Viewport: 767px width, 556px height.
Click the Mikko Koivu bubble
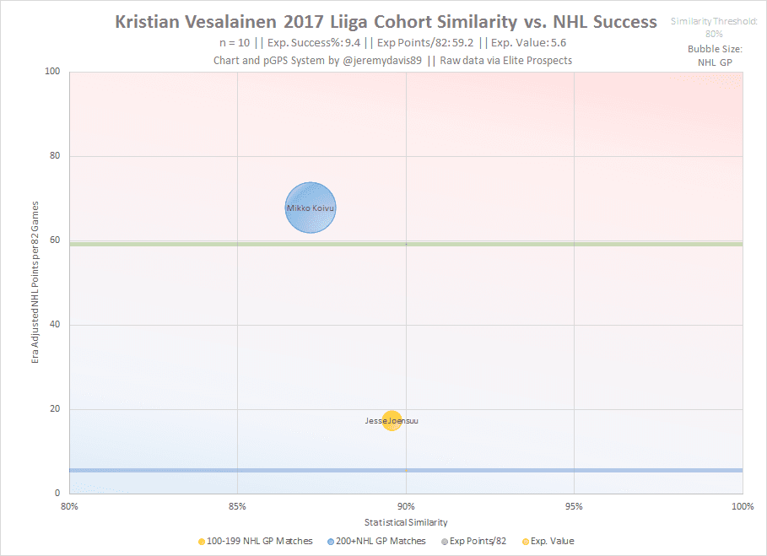(x=311, y=208)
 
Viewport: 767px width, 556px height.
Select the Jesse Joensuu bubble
(x=392, y=420)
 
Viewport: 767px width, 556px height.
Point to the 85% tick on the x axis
(x=237, y=506)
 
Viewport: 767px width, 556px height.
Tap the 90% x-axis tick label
(x=406, y=506)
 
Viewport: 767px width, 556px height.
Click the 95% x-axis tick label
(x=574, y=506)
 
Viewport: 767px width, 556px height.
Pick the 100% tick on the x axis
(x=741, y=506)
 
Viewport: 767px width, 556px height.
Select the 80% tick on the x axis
(x=69, y=506)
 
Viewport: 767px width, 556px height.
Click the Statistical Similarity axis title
(x=405, y=522)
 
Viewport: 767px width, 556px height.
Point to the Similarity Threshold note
(x=714, y=27)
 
